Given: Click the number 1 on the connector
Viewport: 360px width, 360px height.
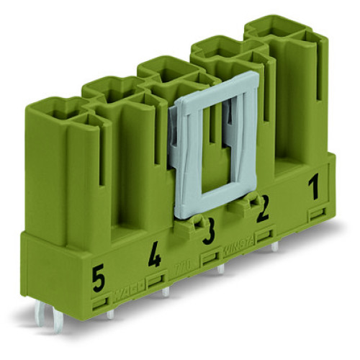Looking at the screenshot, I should (313, 192).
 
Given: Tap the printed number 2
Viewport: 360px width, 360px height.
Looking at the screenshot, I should (264, 210).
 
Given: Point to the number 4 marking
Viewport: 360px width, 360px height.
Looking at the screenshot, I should (154, 256).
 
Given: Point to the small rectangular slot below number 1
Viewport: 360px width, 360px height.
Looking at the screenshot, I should (316, 215).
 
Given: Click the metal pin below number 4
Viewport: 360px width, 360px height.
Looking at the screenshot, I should (166, 292).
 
